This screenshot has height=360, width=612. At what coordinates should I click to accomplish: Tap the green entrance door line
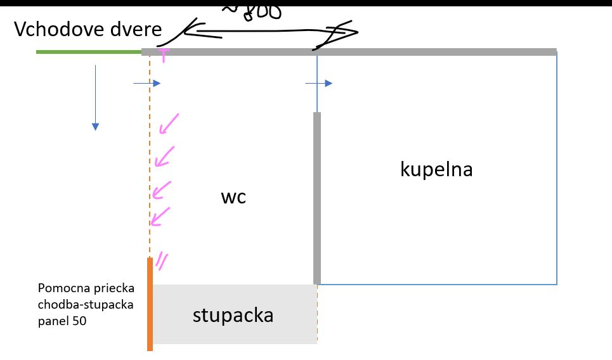pyautogui.click(x=89, y=51)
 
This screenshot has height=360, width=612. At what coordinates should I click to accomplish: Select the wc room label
pyautogui.click(x=233, y=197)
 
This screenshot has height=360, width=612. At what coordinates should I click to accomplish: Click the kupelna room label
pyautogui.click(x=436, y=169)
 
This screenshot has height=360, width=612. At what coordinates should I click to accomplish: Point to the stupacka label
pyautogui.click(x=233, y=315)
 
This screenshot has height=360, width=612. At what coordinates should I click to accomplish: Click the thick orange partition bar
pyautogui.click(x=150, y=304)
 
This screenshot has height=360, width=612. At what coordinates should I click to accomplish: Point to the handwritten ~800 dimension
pyautogui.click(x=251, y=11)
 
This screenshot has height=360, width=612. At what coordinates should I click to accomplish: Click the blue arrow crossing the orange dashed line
pyautogui.click(x=147, y=83)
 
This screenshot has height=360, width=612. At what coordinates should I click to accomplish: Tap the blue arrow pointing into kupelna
pyautogui.click(x=318, y=83)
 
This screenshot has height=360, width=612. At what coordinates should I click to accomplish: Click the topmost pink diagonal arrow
pyautogui.click(x=169, y=124)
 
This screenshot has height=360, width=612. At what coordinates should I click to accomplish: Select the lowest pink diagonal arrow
pyautogui.click(x=161, y=215)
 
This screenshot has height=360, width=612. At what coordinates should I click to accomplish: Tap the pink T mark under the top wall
pyautogui.click(x=164, y=56)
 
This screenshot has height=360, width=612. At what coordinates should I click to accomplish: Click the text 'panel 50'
pyautogui.click(x=62, y=321)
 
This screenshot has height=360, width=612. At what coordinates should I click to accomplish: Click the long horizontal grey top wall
pyautogui.click(x=349, y=51)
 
